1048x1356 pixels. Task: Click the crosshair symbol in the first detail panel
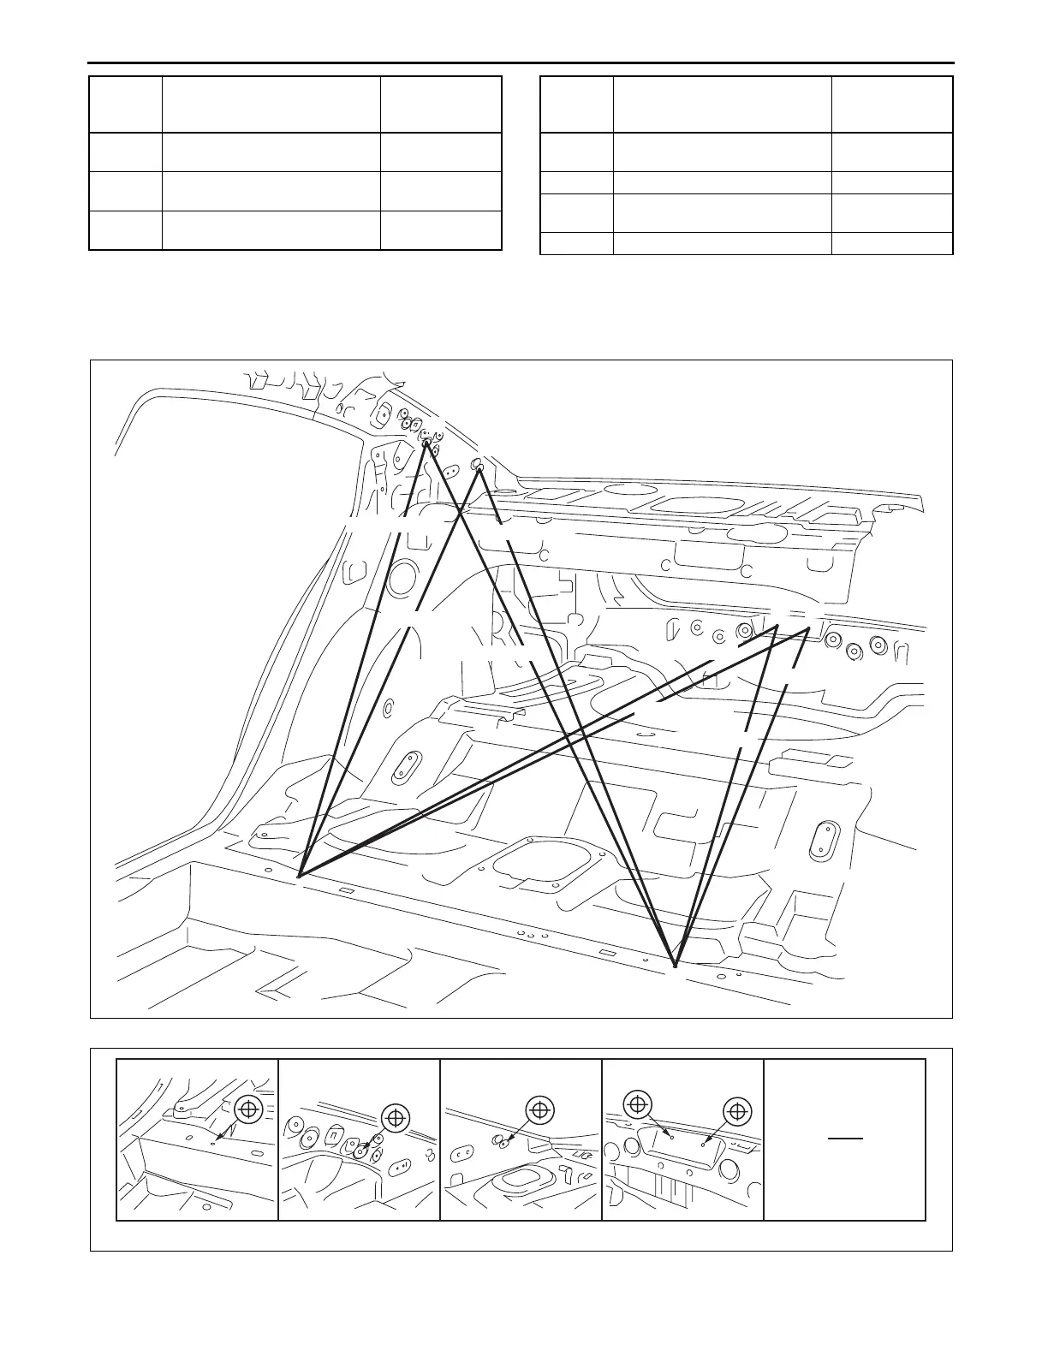pyautogui.click(x=248, y=1109)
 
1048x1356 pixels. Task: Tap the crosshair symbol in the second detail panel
pyautogui.click(x=395, y=1116)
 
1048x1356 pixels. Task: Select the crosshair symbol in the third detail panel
pyautogui.click(x=539, y=1109)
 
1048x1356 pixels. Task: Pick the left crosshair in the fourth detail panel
pyautogui.click(x=637, y=1104)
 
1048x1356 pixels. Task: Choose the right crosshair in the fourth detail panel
pyautogui.click(x=737, y=1110)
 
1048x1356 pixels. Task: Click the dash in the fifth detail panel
pyautogui.click(x=844, y=1139)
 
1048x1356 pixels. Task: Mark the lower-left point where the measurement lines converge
pyautogui.click(x=298, y=876)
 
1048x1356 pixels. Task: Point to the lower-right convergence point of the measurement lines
pyautogui.click(x=675, y=965)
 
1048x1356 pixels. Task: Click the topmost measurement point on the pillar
pyautogui.click(x=426, y=443)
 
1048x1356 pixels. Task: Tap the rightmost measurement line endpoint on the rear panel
pyautogui.click(x=809, y=629)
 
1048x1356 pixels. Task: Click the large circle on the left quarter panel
pyautogui.click(x=402, y=580)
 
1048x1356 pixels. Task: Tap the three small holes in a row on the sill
pyautogui.click(x=532, y=935)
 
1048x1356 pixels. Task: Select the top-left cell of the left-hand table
pyautogui.click(x=126, y=104)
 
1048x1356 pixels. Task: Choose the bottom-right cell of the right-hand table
pyautogui.click(x=892, y=243)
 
